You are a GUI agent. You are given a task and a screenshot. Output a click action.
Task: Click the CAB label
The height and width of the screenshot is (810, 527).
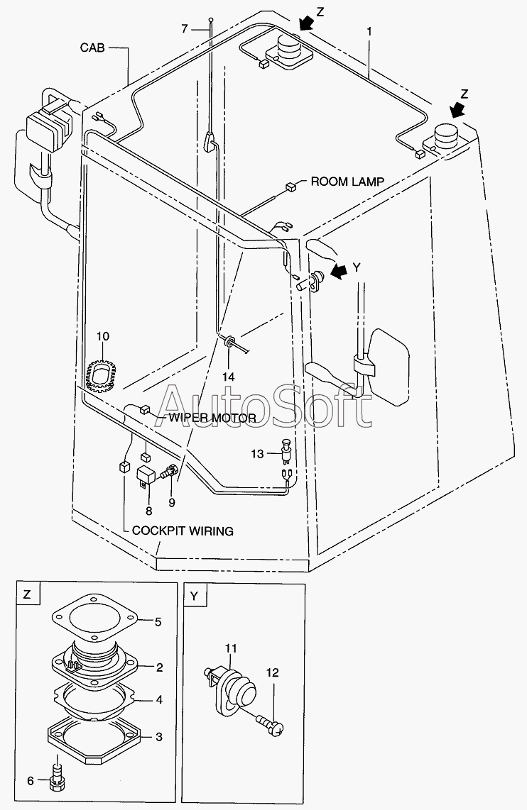coord(92,48)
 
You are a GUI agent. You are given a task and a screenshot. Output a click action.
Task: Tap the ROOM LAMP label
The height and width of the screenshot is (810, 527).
coord(347,182)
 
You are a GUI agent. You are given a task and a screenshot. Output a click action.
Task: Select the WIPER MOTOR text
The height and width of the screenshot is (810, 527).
coord(212,417)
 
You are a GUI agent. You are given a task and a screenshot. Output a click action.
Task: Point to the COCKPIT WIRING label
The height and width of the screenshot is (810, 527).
coord(183,531)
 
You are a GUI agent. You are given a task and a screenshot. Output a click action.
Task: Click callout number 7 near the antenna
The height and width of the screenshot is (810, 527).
coord(185,29)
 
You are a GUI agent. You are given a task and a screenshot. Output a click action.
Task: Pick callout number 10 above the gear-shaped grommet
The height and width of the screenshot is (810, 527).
coord(102,337)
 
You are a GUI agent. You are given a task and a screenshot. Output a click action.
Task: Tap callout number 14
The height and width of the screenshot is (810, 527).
coord(228,377)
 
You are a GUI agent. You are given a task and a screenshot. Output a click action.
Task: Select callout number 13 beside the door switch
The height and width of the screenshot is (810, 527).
coord(258,454)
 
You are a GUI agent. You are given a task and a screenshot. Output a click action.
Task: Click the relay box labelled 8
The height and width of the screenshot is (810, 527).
coord(146,475)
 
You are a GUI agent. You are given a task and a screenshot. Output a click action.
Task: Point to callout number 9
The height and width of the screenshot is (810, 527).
coord(171,502)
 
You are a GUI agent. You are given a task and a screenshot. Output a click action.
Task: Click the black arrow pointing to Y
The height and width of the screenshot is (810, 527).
coord(339,271)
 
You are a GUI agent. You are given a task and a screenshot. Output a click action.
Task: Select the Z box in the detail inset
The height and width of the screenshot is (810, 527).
coord(28,594)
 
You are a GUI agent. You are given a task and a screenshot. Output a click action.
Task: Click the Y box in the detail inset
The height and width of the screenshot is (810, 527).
coord(194,596)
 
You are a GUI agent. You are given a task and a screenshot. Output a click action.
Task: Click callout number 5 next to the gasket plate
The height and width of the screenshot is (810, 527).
coord(158,622)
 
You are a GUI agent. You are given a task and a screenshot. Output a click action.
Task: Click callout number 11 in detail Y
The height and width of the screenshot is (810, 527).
coord(231,648)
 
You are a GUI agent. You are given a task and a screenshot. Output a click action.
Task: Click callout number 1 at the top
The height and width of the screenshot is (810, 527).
coord(369,31)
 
